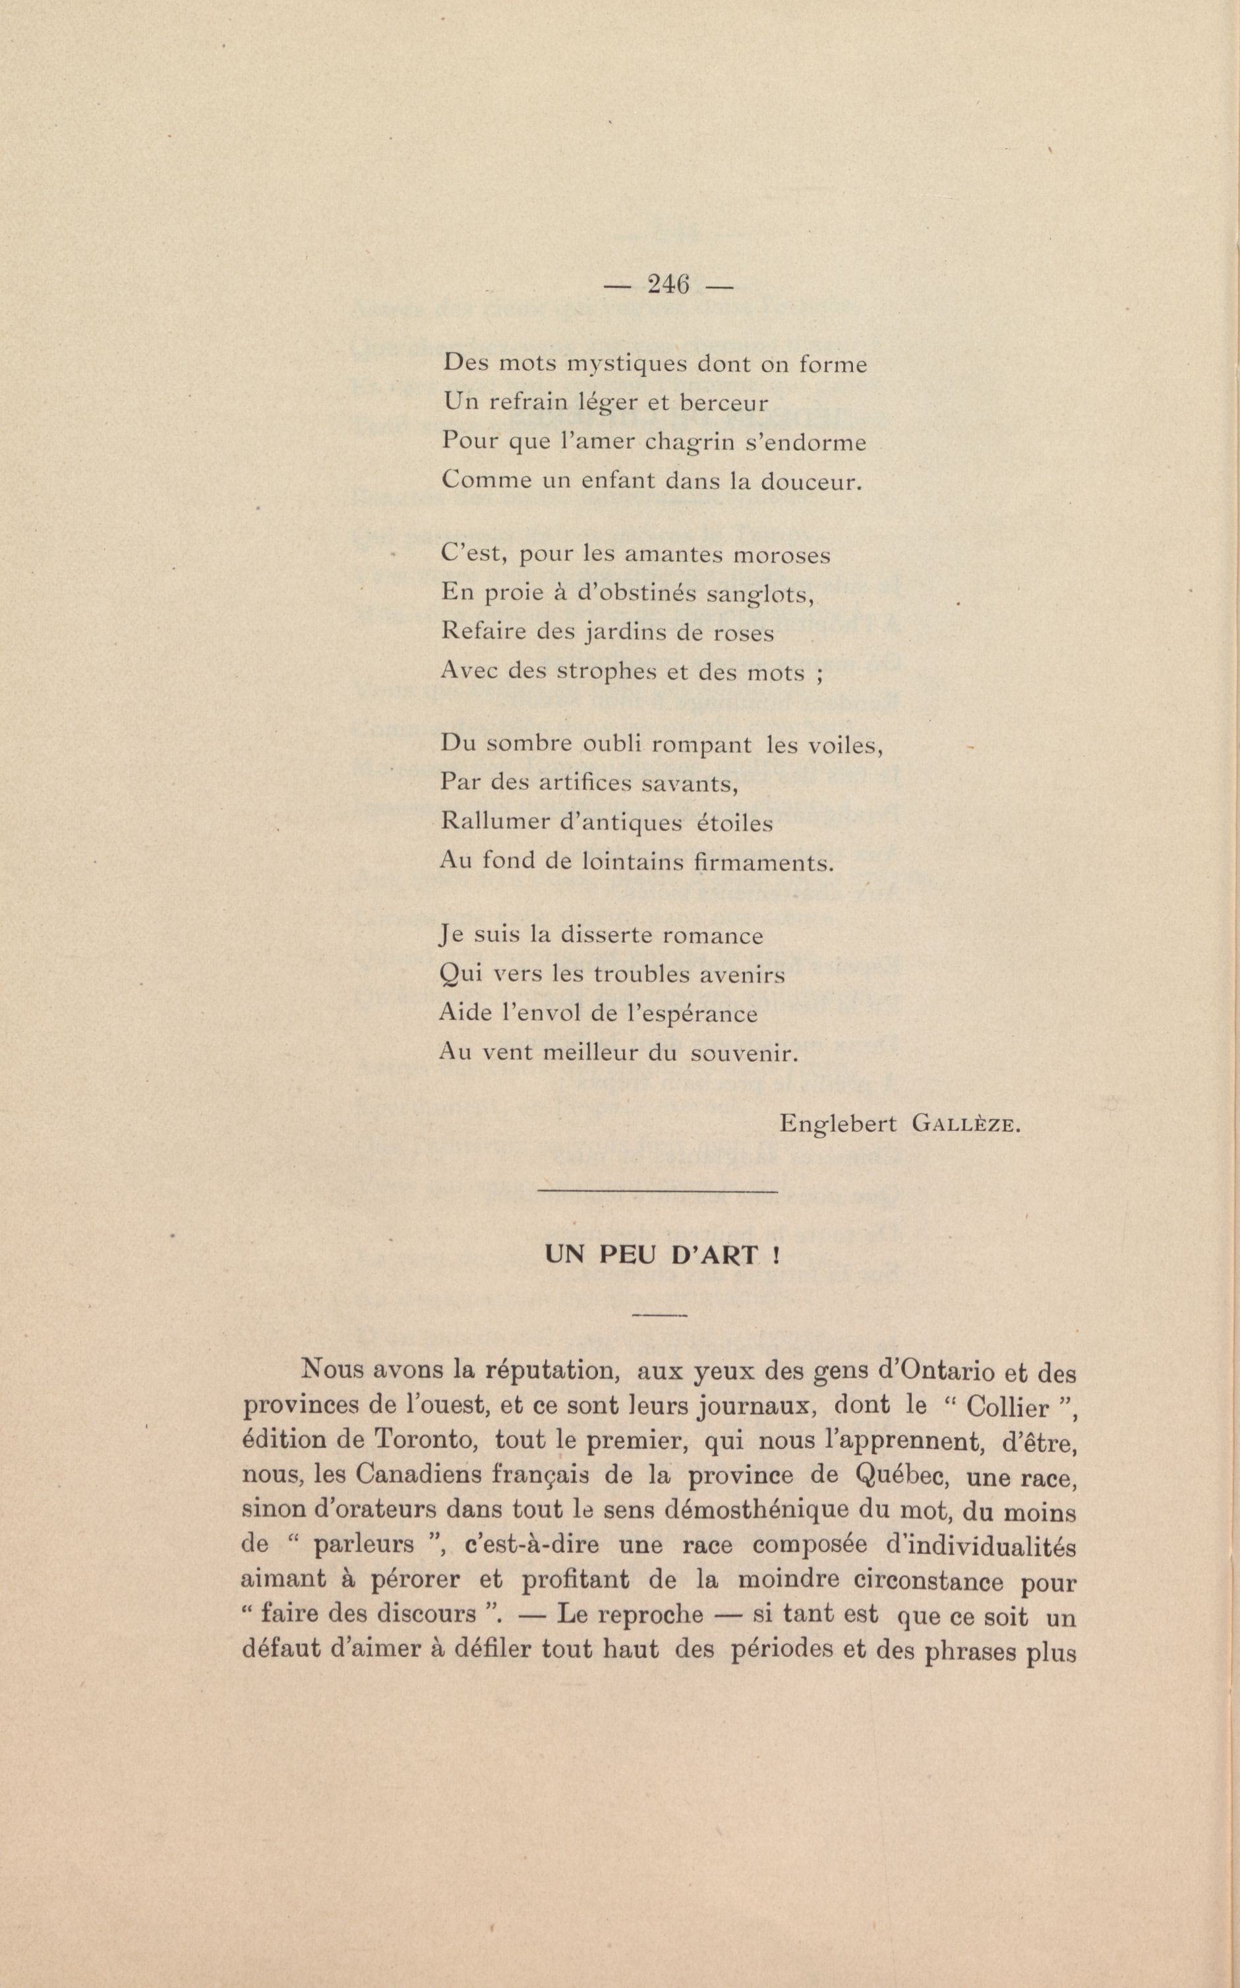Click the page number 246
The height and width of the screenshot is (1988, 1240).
(x=668, y=285)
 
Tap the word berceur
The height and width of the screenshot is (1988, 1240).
(x=726, y=404)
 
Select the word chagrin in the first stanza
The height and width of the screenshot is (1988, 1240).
(x=697, y=443)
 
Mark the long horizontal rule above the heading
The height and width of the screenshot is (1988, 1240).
(x=656, y=1190)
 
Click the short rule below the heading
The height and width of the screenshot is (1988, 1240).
(x=660, y=1315)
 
